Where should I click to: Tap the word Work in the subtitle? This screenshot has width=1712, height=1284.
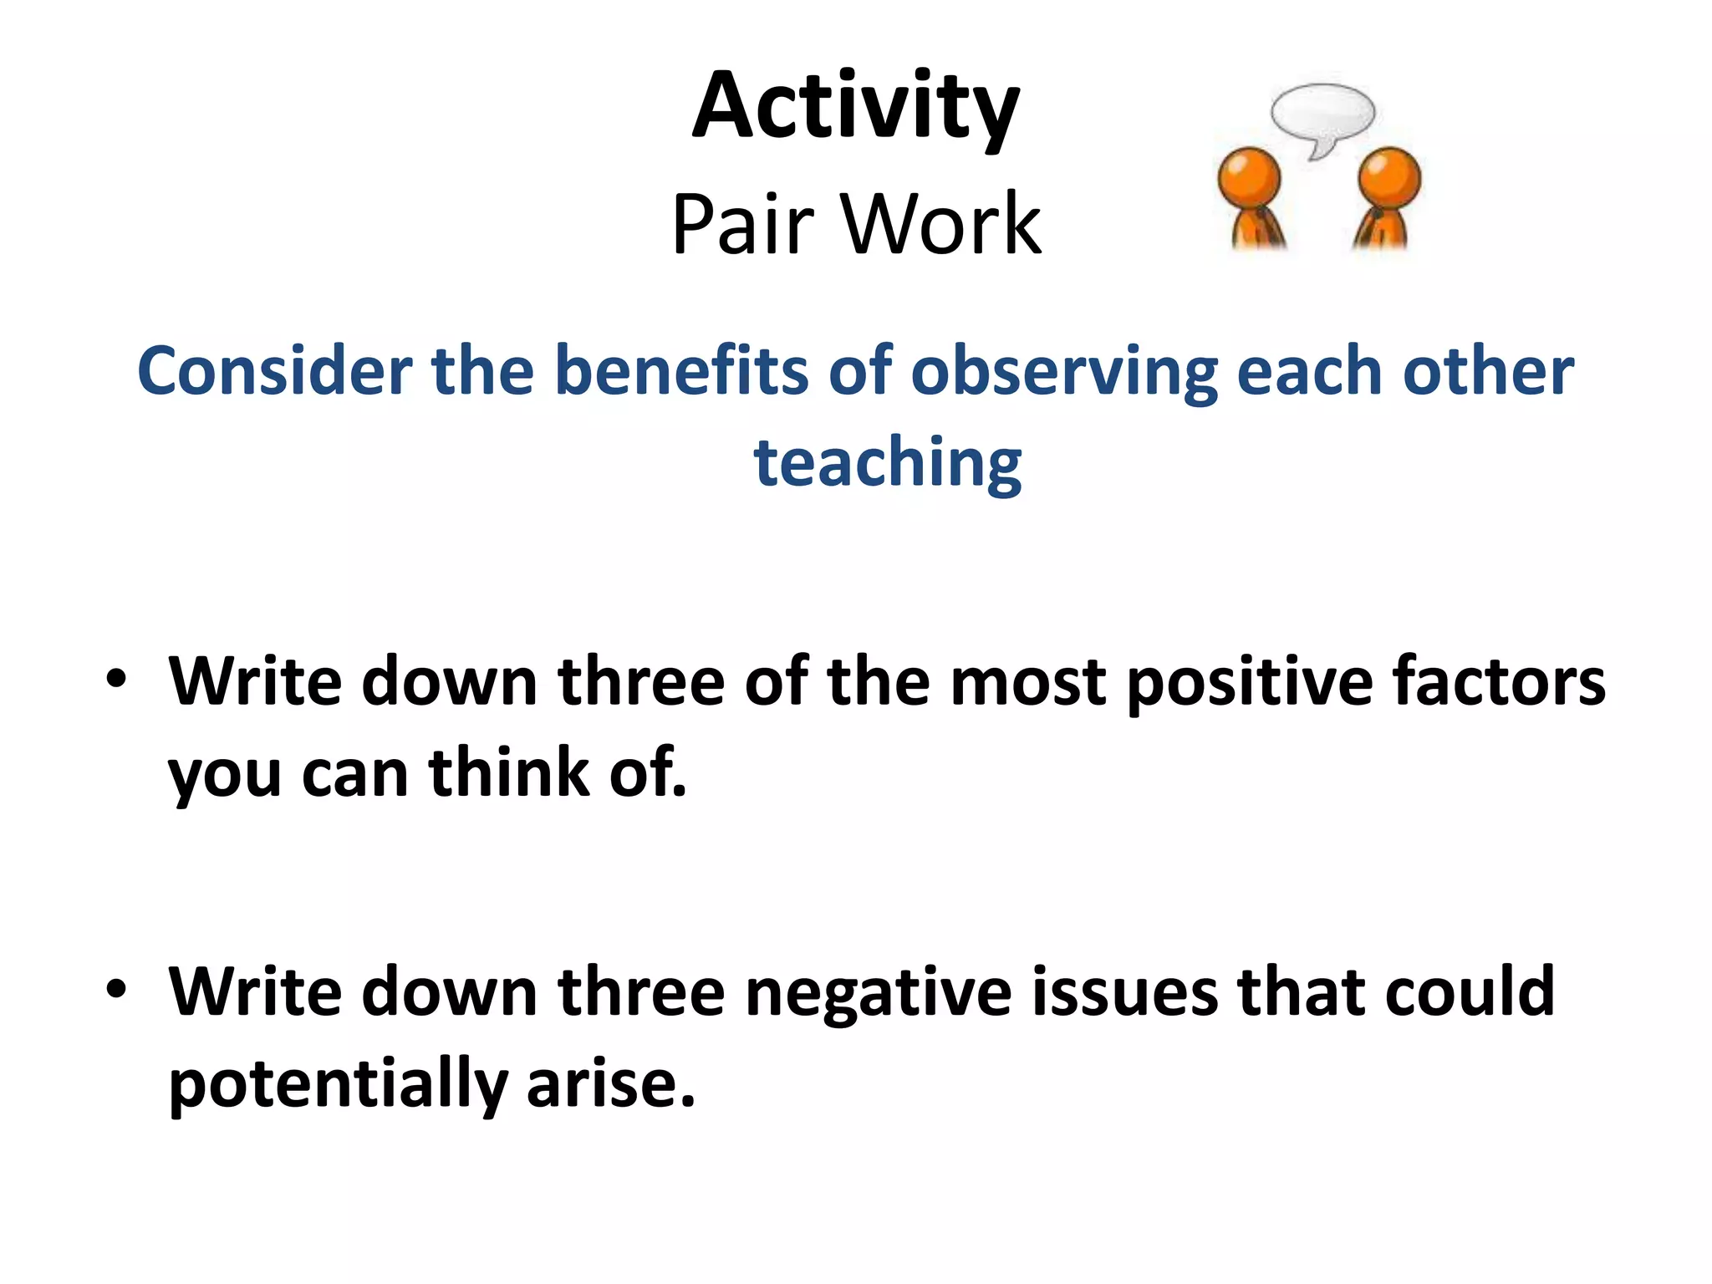(x=941, y=224)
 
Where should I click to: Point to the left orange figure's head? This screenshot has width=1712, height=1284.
(x=1249, y=177)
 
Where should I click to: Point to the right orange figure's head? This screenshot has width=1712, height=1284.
(x=1389, y=177)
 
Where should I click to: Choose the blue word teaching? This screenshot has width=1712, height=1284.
(x=888, y=464)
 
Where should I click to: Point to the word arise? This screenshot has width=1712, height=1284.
(x=610, y=1083)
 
